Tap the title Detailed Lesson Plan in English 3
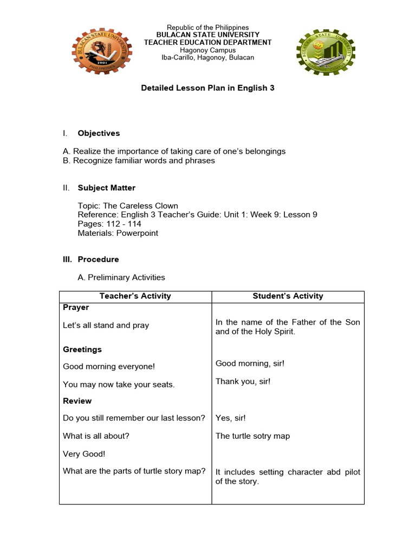click(x=208, y=88)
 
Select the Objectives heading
click(x=99, y=133)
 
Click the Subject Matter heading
click(x=106, y=188)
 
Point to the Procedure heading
click(x=98, y=259)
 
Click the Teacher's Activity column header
click(x=135, y=296)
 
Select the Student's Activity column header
click(x=288, y=296)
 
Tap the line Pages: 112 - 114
click(x=109, y=224)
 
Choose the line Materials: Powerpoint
click(x=118, y=233)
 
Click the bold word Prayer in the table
click(x=76, y=307)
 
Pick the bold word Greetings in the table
click(x=82, y=349)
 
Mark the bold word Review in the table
click(x=77, y=401)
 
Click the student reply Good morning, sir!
click(x=250, y=364)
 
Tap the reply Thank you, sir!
click(x=243, y=381)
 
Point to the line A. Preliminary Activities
click(x=121, y=278)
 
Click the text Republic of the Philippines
click(x=207, y=28)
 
